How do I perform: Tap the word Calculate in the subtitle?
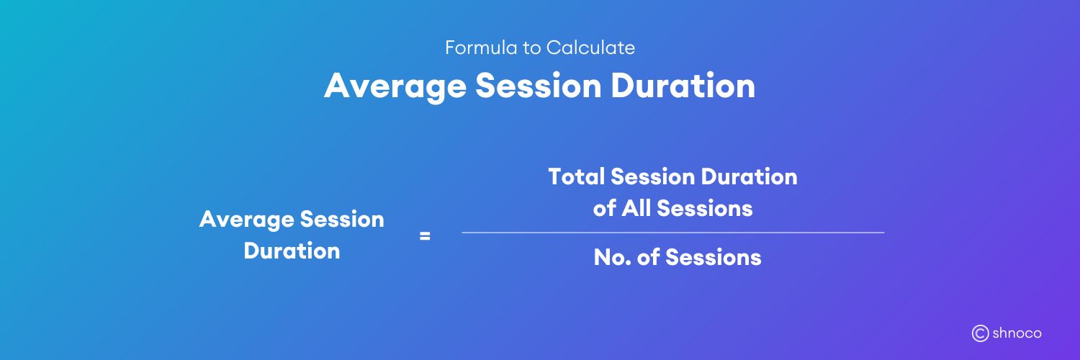tap(590, 48)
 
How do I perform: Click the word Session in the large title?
tap(538, 86)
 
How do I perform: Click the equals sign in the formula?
tap(425, 235)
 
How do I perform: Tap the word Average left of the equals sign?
tap(246, 220)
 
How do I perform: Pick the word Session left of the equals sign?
tap(341, 220)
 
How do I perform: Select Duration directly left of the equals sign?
tap(292, 251)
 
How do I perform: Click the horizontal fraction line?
tap(672, 233)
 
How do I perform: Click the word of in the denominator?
tap(648, 258)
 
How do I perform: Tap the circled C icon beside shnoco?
tap(980, 333)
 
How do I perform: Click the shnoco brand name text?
tap(1017, 333)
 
